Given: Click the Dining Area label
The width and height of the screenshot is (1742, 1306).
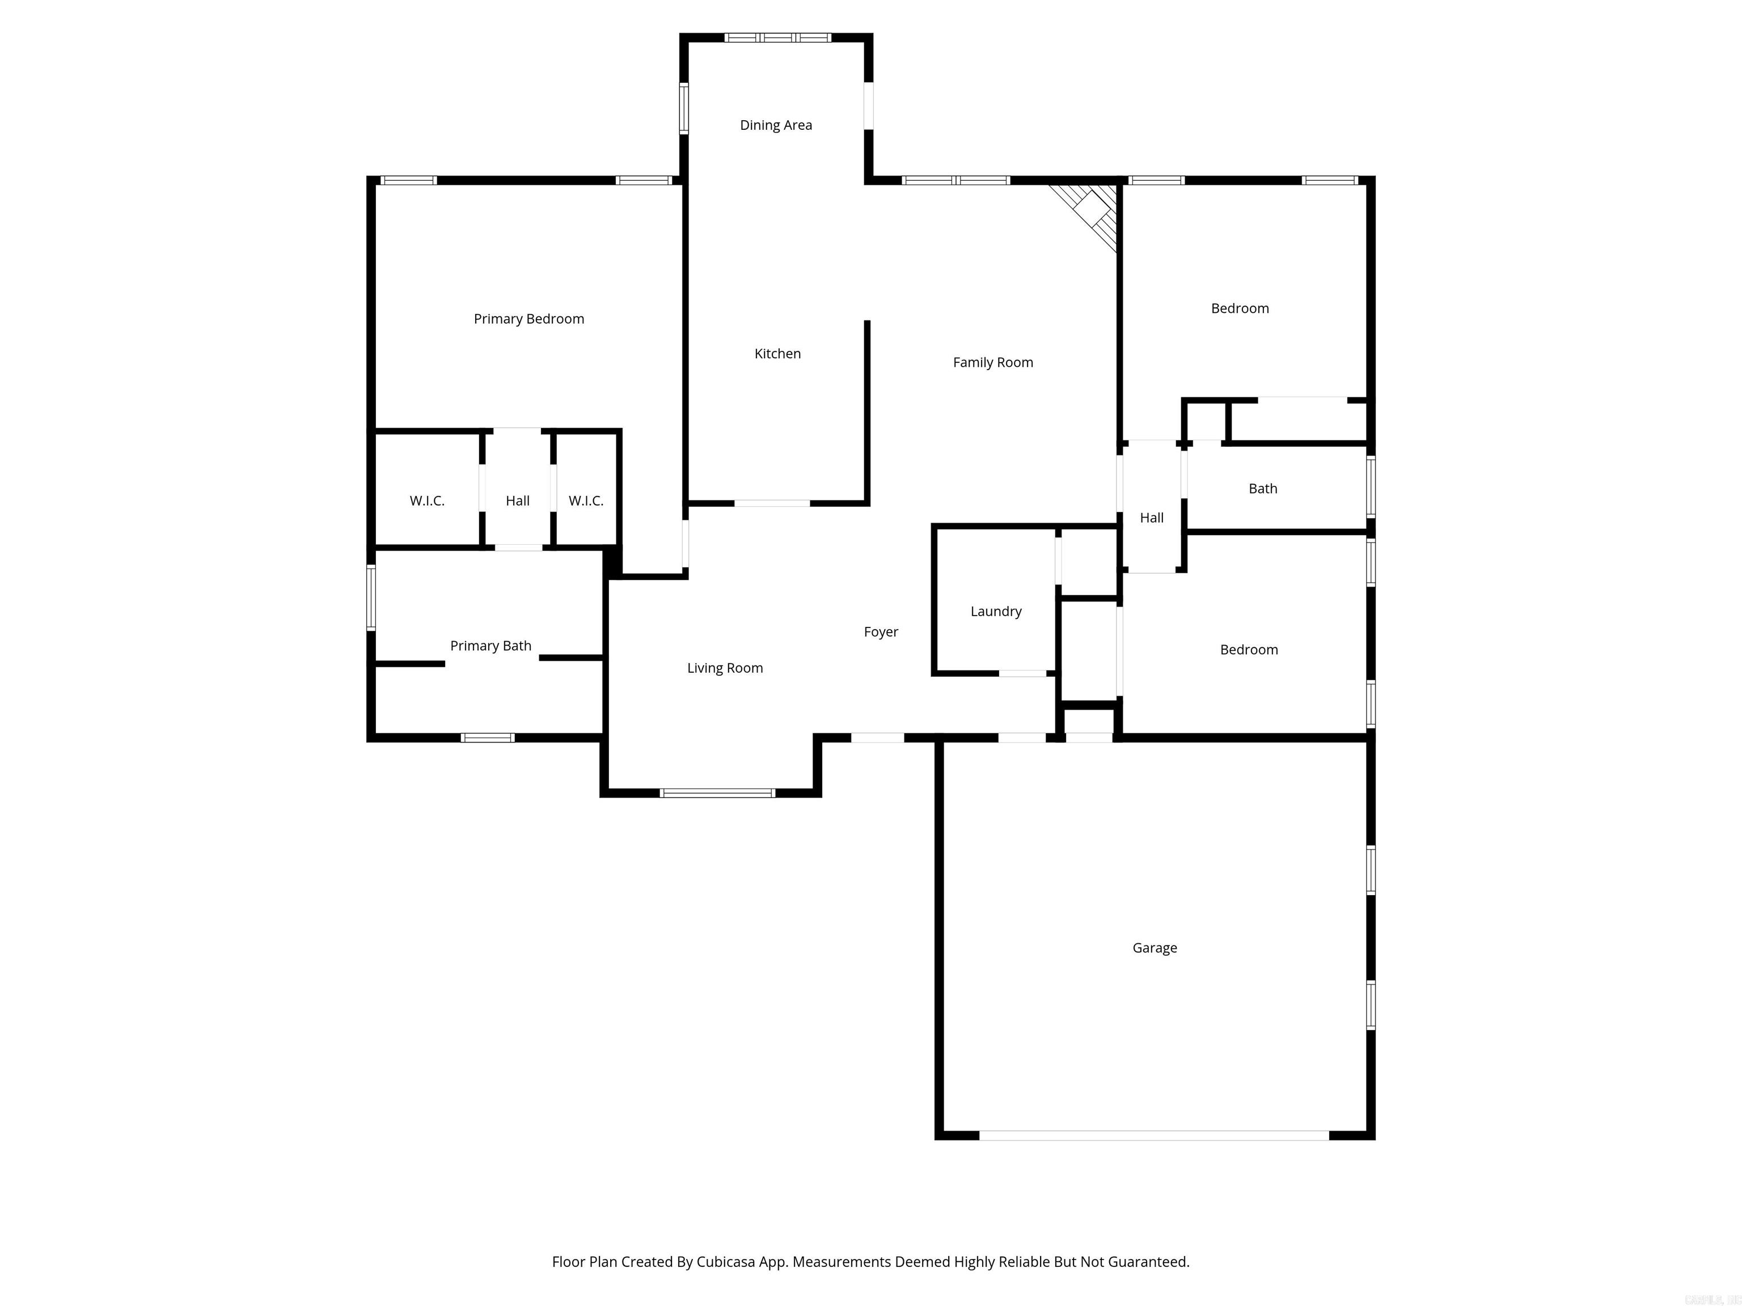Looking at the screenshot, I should [x=776, y=125].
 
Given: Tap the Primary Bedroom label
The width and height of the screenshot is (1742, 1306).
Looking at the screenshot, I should [x=528, y=319].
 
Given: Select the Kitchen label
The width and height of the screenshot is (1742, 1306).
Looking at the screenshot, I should [x=777, y=354].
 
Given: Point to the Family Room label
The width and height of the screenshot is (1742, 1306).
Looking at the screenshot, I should [x=992, y=363].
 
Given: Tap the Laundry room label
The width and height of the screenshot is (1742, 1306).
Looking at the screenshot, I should [x=995, y=612].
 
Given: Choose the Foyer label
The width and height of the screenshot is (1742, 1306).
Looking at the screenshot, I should [x=881, y=632].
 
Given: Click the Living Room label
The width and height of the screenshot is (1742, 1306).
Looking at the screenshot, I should [x=725, y=668].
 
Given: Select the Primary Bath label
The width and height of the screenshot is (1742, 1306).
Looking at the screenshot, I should [x=490, y=646].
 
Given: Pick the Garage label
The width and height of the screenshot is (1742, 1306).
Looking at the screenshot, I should [x=1155, y=948].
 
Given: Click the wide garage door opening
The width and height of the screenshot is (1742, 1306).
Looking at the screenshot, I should [x=1154, y=1135].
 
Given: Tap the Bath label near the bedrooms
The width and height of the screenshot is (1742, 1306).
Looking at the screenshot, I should [x=1262, y=489].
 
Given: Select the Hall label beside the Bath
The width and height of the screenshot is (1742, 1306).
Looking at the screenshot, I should [x=1151, y=518].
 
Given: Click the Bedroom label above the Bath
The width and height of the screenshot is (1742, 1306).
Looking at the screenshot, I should [x=1240, y=308].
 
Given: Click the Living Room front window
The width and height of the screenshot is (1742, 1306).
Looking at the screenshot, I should [x=717, y=793].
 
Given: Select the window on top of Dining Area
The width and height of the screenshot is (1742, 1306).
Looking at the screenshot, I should [x=777, y=37].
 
